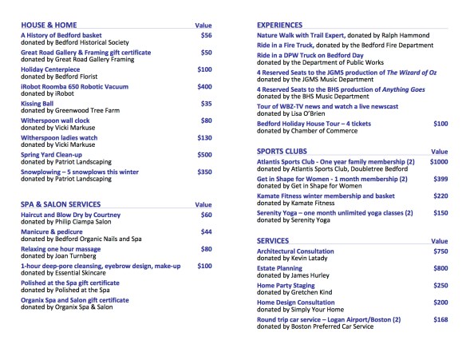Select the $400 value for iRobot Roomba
pos(205,86)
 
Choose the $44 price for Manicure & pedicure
pos(207,231)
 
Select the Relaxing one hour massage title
pos(61,249)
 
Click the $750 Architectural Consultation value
pos(440,251)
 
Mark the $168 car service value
pos(440,319)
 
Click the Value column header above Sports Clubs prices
pos(439,151)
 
